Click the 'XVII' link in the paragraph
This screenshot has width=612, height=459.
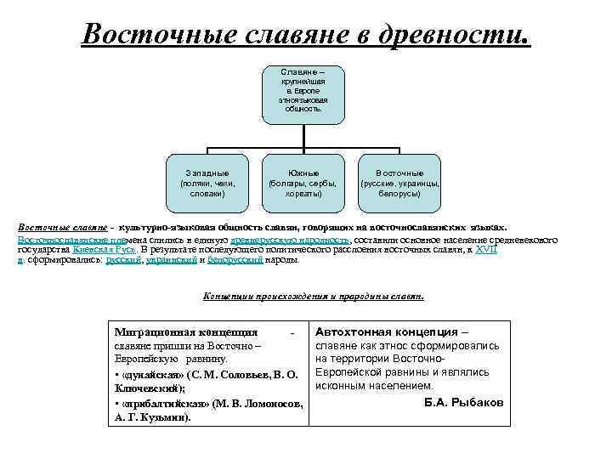tap(484, 251)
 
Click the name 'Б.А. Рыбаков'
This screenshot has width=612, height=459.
tap(464, 401)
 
